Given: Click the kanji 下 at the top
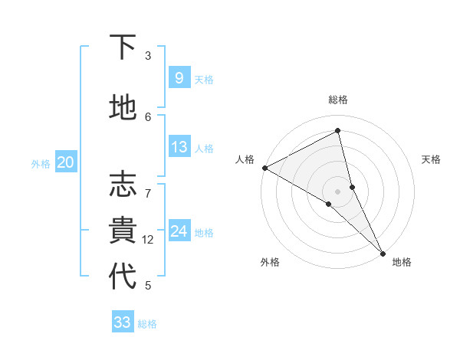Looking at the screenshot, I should coord(123,47).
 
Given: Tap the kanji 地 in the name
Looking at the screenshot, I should coord(123,108).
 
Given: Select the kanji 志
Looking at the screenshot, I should coord(123,185).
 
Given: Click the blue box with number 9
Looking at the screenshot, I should coord(179,78).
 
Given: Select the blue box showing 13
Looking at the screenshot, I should coord(179,147).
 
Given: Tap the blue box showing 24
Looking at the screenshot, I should coord(179,231).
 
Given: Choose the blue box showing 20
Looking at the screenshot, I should coord(66,162).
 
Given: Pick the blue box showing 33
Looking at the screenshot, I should coord(123,322).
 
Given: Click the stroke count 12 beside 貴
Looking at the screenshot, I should coord(148,240).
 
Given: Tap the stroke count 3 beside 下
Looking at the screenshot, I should coord(148,56).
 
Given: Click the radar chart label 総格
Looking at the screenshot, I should coord(338,100).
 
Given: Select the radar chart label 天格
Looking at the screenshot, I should coord(431,159).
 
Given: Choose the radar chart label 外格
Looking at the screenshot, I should coord(270,262).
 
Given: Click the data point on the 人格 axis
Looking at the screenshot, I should coord(264,168).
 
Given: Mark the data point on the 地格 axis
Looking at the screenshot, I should coord(383,252).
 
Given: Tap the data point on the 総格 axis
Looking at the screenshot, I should coord(338,131).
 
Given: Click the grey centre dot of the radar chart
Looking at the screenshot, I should coord(337,191).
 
